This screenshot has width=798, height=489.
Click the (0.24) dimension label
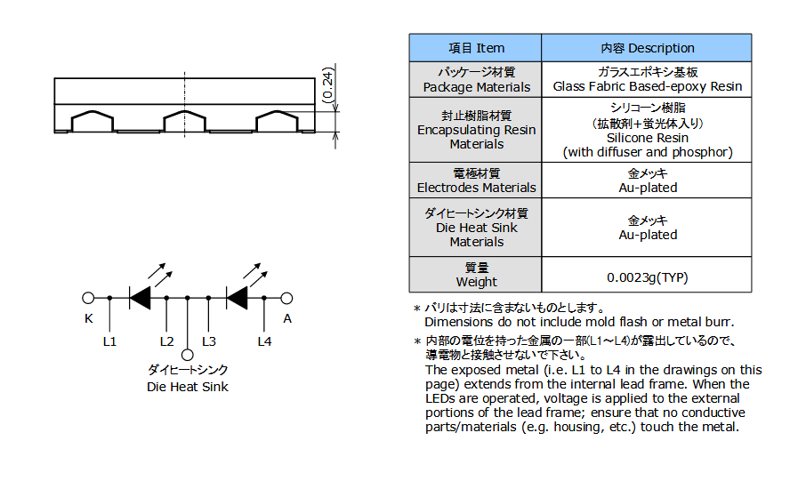click(328, 84)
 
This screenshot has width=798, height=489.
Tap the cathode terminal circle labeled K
click(88, 298)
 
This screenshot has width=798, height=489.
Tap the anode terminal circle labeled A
click(286, 298)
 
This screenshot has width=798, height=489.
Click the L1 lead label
click(109, 341)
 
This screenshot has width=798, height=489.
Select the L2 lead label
click(167, 341)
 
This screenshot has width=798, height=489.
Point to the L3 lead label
click(209, 341)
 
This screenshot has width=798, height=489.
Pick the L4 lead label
click(264, 341)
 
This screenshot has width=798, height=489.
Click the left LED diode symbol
click(140, 298)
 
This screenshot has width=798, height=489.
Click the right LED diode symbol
click(237, 298)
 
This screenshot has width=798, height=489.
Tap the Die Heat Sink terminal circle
click(188, 355)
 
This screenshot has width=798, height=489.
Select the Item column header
click(476, 48)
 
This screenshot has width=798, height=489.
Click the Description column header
click(648, 48)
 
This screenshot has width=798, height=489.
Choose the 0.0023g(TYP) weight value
click(648, 277)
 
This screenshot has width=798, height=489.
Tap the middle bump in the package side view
click(185, 121)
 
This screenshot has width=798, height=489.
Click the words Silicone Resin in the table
click(648, 138)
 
